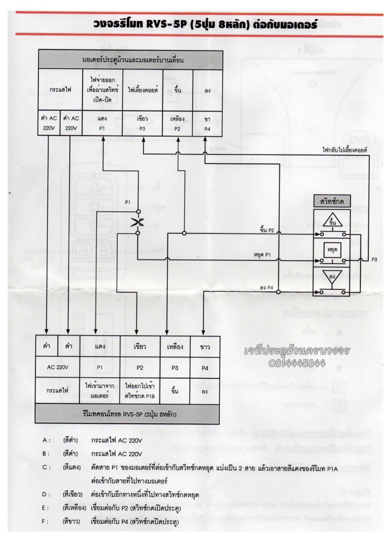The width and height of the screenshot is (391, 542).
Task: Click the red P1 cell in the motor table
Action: click(x=102, y=123)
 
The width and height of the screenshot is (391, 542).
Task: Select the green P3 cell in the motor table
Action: click(x=142, y=123)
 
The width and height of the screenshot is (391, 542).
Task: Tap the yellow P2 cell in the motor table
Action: click(x=177, y=123)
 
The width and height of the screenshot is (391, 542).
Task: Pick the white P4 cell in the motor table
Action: click(x=207, y=123)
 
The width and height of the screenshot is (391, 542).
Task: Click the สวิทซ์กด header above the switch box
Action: click(x=332, y=201)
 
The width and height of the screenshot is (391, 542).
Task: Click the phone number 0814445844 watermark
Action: click(x=297, y=363)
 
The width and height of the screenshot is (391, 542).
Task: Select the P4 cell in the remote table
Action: click(x=205, y=368)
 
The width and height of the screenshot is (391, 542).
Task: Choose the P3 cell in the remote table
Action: click(x=175, y=368)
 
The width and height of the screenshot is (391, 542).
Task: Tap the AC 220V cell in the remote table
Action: click(x=58, y=367)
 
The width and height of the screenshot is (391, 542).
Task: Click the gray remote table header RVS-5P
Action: click(x=127, y=414)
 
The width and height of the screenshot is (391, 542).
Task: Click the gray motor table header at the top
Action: click(x=131, y=60)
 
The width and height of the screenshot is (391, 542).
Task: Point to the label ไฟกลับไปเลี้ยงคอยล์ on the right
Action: click(x=345, y=150)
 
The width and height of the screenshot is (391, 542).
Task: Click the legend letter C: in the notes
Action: click(x=46, y=467)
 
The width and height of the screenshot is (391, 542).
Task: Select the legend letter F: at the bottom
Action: click(x=46, y=521)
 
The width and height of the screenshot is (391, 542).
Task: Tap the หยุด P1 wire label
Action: click(x=262, y=255)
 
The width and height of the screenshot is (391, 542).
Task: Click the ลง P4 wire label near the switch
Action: click(x=266, y=288)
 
